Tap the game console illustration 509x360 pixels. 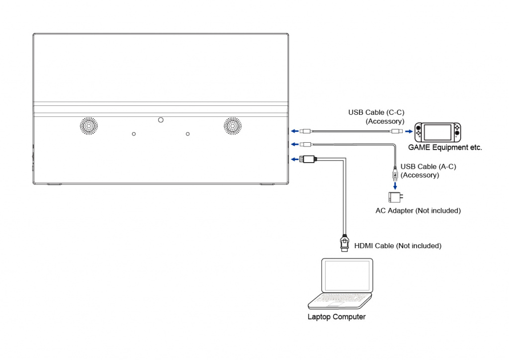click(438, 132)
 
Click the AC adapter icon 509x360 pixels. click(396, 198)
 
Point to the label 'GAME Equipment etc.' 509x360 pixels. click(445, 148)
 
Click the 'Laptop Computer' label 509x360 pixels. click(337, 317)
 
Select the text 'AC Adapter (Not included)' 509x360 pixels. click(418, 211)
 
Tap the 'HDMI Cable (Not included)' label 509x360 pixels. click(398, 246)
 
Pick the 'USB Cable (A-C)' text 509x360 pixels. click(427, 167)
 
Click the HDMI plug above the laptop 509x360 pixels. click(344, 242)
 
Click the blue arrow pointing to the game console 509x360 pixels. click(409, 132)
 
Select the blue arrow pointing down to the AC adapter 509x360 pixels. click(395, 185)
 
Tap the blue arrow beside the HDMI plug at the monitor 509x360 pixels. click(295, 159)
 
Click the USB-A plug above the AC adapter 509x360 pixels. click(395, 175)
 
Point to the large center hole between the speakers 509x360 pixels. click(160, 120)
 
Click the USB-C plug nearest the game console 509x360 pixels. click(397, 131)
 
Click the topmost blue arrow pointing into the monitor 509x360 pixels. click(295, 131)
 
